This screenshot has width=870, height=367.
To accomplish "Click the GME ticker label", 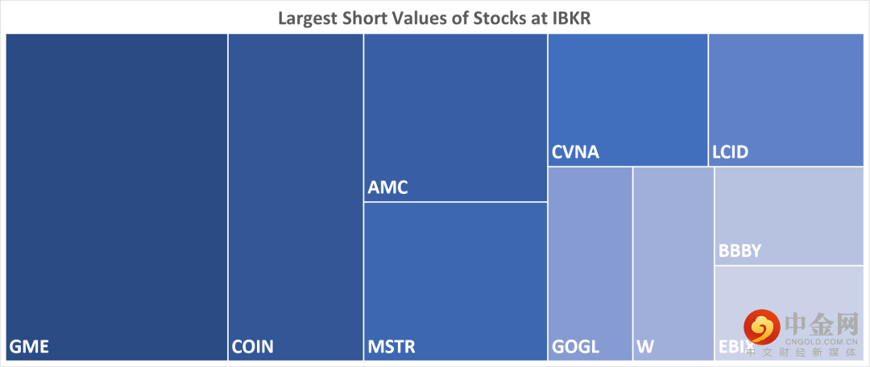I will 29,348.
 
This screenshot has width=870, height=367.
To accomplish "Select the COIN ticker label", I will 252,348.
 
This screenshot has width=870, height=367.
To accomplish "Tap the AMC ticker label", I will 387,188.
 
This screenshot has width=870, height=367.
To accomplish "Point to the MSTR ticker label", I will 391,348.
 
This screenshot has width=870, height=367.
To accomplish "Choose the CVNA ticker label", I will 575,152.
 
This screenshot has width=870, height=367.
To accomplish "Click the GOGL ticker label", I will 575,348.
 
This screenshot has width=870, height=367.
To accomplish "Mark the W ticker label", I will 644,348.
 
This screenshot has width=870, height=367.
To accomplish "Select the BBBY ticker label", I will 739,252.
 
